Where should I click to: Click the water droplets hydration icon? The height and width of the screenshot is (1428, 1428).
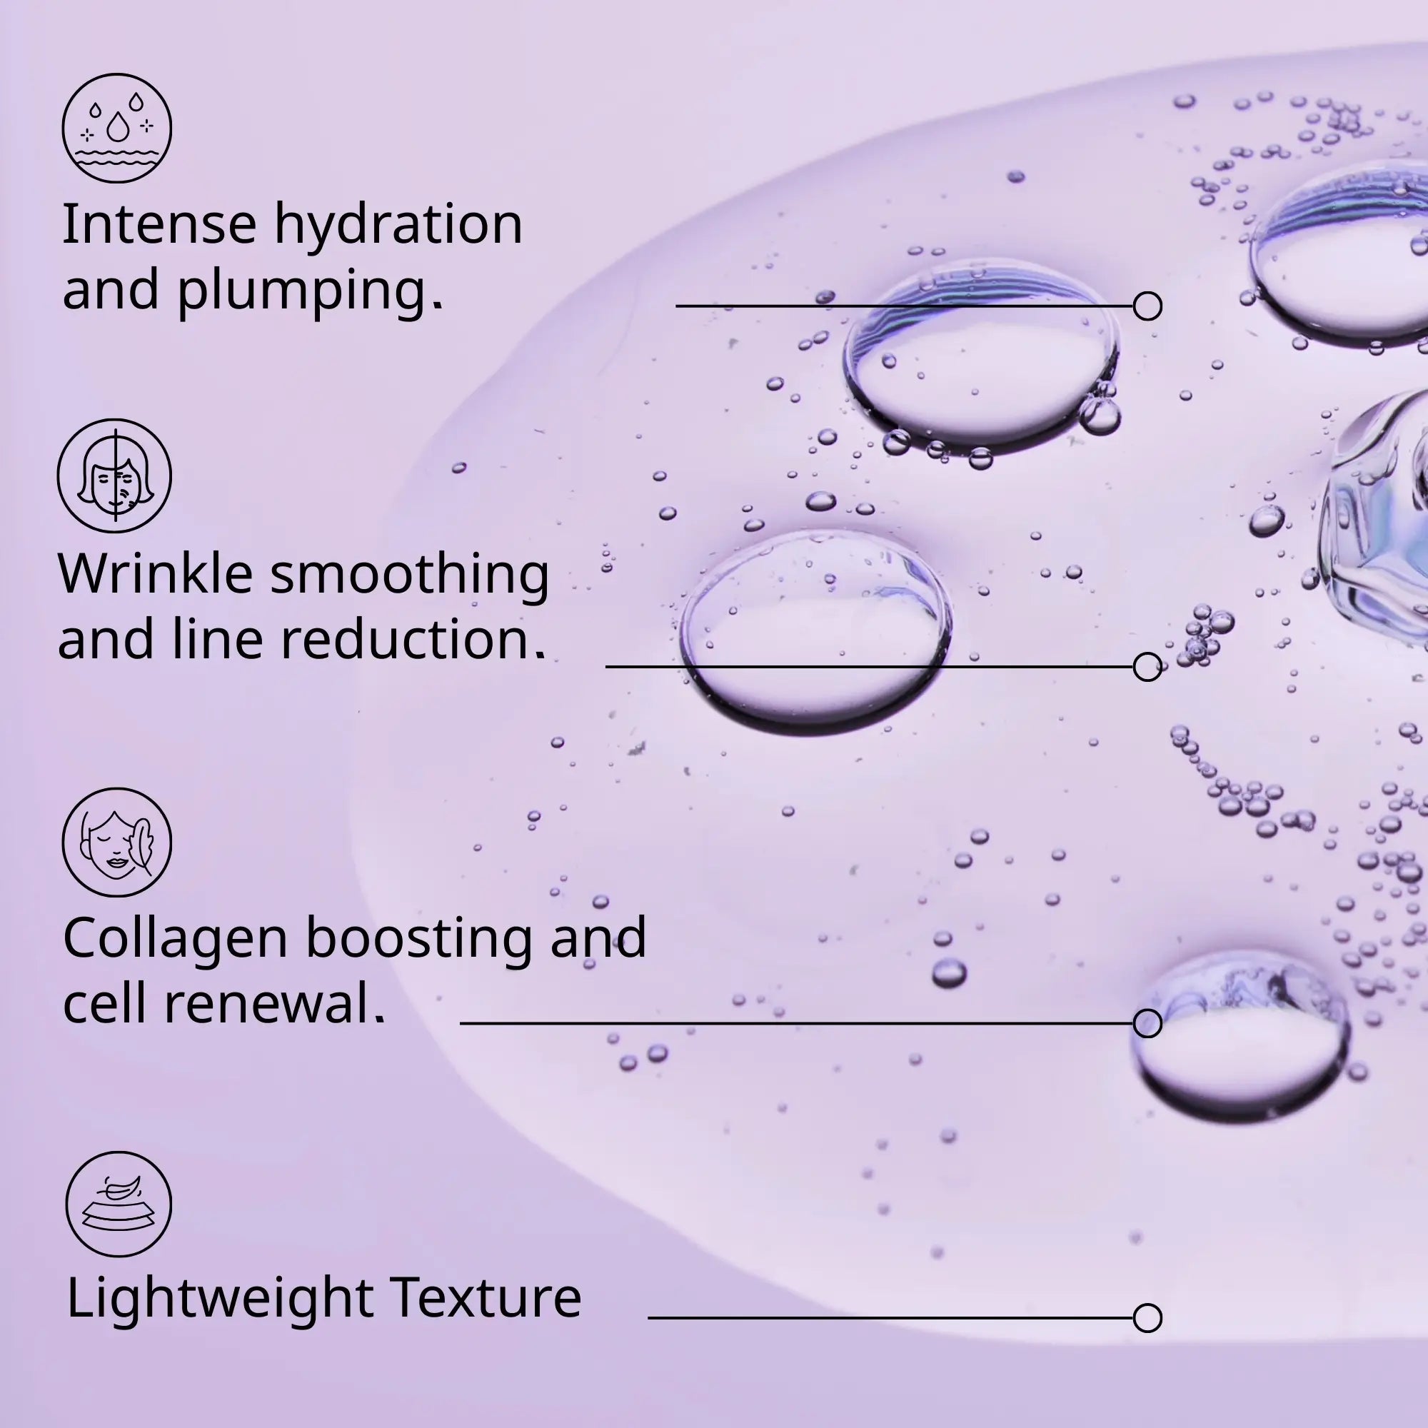click(x=117, y=128)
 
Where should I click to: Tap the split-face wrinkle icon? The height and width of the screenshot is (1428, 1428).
click(x=114, y=476)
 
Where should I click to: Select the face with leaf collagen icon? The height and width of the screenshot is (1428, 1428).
click(x=117, y=843)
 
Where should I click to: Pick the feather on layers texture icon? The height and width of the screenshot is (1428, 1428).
click(x=119, y=1204)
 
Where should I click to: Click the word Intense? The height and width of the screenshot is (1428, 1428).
click(x=159, y=224)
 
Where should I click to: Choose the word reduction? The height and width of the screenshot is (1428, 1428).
click(x=413, y=639)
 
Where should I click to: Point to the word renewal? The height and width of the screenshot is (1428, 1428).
click(x=274, y=1005)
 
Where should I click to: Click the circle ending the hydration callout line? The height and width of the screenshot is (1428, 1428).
click(x=1147, y=306)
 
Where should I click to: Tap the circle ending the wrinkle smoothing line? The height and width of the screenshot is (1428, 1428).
click(x=1147, y=667)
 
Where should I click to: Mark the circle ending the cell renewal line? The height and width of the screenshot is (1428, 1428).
click(x=1147, y=1023)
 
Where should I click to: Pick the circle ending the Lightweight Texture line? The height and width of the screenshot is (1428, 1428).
click(x=1147, y=1317)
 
